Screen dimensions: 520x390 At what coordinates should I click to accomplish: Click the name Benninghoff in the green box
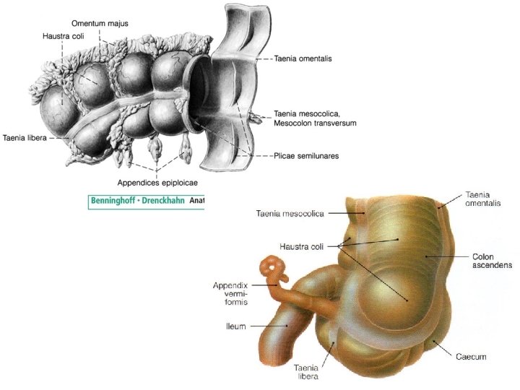point(116,201)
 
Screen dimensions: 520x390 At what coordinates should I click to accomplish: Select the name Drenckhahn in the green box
point(165,201)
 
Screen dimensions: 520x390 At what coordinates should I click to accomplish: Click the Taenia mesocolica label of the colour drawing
point(292,213)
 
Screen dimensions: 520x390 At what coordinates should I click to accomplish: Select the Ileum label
point(235,326)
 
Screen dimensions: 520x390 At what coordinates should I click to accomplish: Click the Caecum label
point(472,357)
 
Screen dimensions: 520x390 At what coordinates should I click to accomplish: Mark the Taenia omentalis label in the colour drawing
point(484,199)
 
